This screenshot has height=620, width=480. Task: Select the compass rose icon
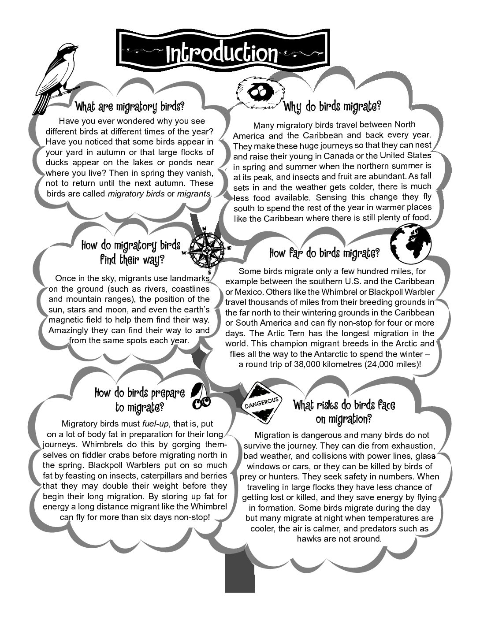(206, 249)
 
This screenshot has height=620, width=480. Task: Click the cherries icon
(201, 396)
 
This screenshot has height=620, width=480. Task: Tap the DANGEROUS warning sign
(263, 401)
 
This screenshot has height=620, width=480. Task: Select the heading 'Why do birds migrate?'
(332, 106)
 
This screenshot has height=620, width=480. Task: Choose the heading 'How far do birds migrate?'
(324, 253)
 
